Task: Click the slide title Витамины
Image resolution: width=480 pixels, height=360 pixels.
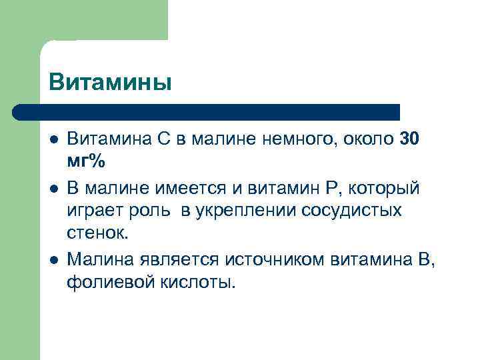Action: pos(110,82)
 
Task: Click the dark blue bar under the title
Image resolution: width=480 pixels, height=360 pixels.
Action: pos(207,111)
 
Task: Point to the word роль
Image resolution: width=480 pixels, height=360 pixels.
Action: pos(151,211)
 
